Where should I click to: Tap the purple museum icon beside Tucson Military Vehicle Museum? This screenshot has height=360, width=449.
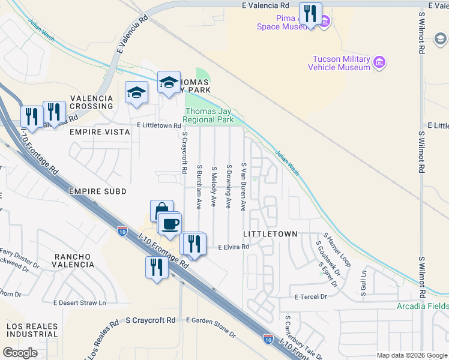tap(379, 62)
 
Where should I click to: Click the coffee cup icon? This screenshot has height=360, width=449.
tap(170, 223)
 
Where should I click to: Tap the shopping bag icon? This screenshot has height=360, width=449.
tap(161, 211)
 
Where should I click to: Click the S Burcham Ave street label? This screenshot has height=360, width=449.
tap(199, 186)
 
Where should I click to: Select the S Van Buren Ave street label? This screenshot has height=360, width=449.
tap(244, 186)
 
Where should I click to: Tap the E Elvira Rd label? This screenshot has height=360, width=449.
tap(233, 247)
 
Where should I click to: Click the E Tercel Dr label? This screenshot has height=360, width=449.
tap(310, 296)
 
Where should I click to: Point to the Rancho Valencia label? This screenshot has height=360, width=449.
tap(73, 260)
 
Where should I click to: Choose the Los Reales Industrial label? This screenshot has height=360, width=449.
tap(32, 330)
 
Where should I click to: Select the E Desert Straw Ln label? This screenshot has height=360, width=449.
tap(79, 303)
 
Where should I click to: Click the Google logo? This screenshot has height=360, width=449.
tap(20, 353)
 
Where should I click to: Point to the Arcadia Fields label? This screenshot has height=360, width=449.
tap(423, 306)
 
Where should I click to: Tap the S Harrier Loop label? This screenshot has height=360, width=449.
tap(337, 250)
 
